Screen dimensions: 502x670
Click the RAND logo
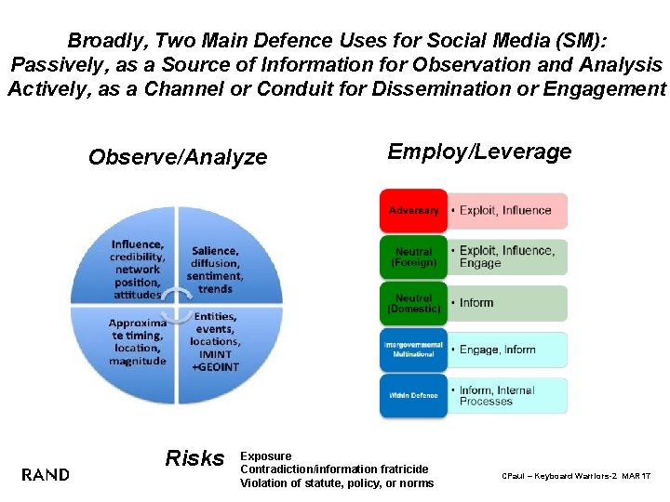pos(45,475)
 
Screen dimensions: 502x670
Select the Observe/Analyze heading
pos(178,157)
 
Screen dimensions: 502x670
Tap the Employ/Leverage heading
pos(479,152)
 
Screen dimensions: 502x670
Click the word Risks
pos(194,458)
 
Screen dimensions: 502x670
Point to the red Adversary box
pos(413,211)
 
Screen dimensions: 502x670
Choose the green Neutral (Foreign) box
pos(413,257)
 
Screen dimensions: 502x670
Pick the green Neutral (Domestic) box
pos(413,303)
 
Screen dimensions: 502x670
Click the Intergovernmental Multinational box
pos(413,350)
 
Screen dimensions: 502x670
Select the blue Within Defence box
pos(413,396)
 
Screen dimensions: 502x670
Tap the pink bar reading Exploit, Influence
pos(507,211)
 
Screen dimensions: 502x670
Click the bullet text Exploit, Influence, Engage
pos(507,257)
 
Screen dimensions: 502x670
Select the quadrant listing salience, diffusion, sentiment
pos(215,270)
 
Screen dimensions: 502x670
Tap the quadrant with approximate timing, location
pos(137,342)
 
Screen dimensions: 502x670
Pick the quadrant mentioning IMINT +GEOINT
pos(215,342)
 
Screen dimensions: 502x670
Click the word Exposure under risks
pos(266,456)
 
